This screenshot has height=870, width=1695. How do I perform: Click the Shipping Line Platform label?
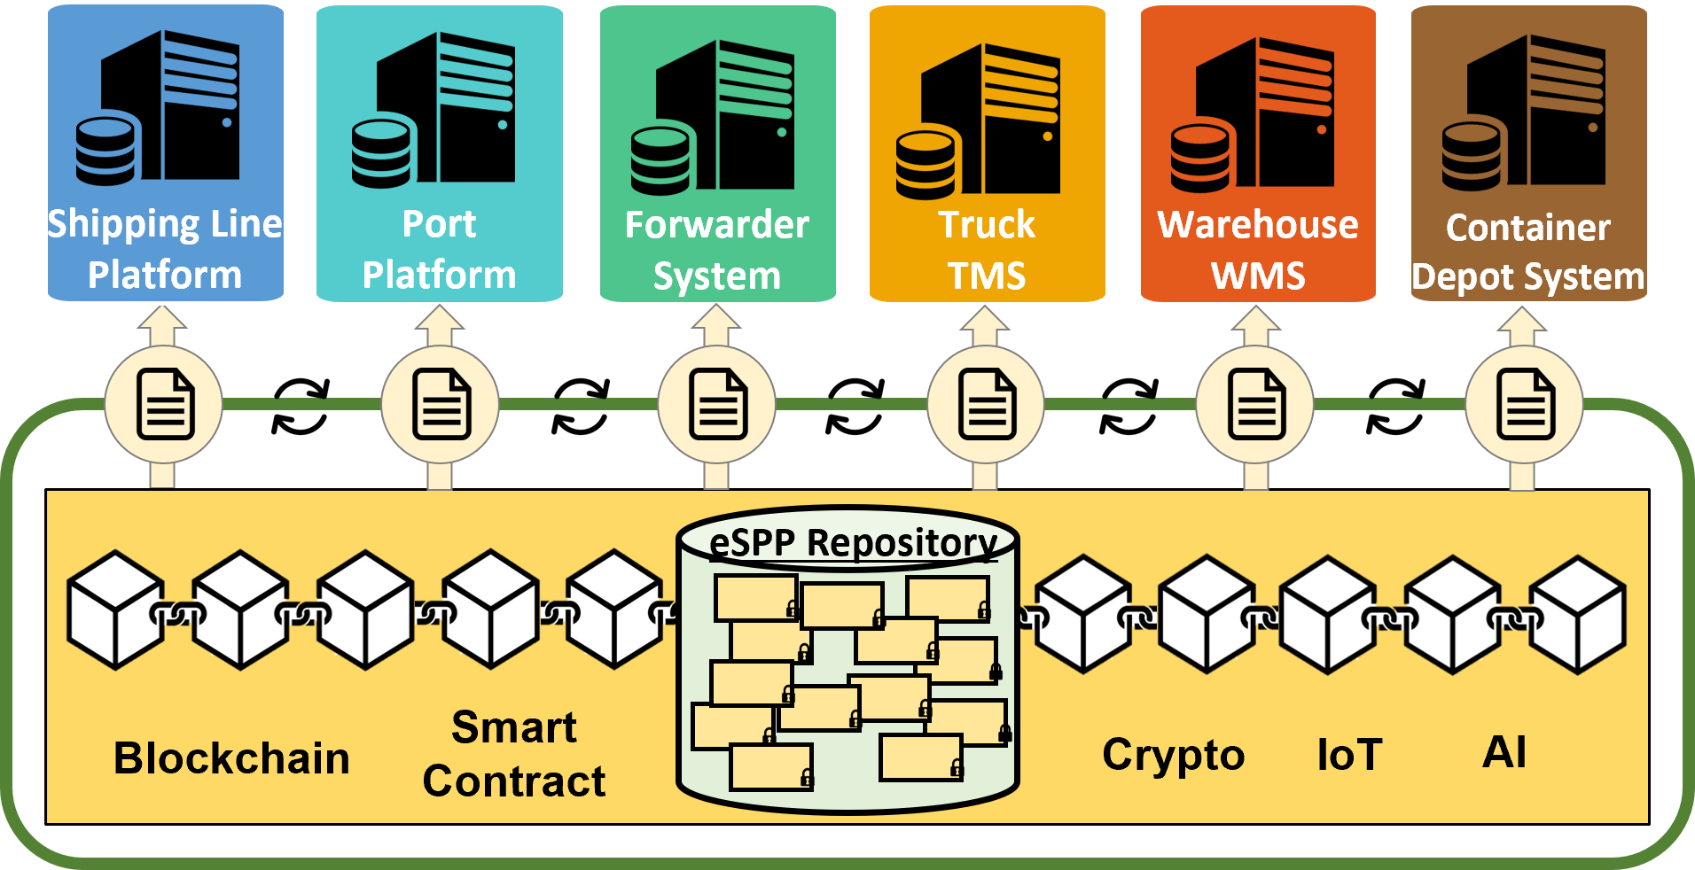[x=165, y=249]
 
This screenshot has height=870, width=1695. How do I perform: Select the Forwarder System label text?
[x=716, y=250]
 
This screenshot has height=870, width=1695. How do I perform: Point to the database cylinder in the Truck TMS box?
[x=926, y=165]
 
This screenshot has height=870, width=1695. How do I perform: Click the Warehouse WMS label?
[x=1258, y=250]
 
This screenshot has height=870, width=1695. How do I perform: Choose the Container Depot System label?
[x=1528, y=252]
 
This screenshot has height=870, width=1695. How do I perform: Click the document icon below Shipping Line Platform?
[x=165, y=406]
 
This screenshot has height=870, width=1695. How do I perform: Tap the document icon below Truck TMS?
[x=986, y=406]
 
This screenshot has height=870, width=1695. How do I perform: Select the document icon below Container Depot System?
[x=1525, y=406]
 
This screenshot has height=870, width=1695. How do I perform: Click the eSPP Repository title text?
[x=854, y=541]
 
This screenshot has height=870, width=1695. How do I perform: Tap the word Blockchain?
[x=231, y=758]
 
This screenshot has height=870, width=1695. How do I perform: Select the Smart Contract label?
[x=514, y=755]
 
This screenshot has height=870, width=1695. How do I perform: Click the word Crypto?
[x=1173, y=755]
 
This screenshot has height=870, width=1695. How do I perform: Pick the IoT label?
[x=1349, y=755]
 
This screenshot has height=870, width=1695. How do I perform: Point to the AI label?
[x=1504, y=753]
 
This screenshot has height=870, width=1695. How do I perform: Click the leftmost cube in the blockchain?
[x=115, y=610]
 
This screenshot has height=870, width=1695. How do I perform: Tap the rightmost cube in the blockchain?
[x=1578, y=614]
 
